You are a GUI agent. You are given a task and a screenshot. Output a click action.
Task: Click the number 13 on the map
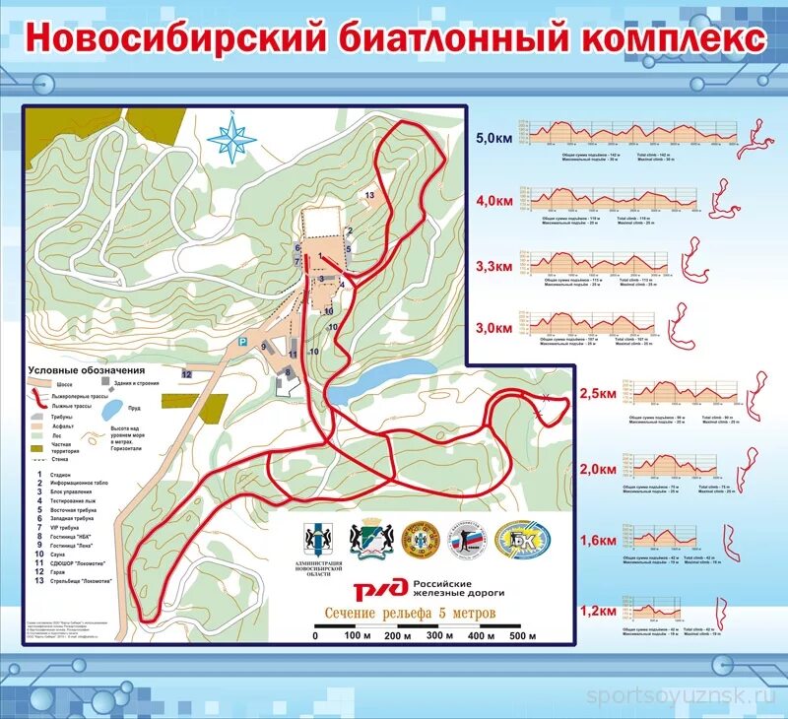point(370,196)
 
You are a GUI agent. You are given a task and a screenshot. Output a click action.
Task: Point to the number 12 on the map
point(185,374)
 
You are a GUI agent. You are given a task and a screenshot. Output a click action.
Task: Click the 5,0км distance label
point(493,138)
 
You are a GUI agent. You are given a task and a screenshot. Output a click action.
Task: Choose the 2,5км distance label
point(597,394)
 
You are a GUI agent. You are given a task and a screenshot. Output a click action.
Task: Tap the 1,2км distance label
point(597,611)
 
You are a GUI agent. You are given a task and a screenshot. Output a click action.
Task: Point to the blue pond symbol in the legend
point(112,407)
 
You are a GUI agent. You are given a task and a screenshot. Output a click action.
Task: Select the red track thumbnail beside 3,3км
point(694,260)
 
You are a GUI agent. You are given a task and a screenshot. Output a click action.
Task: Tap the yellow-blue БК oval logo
point(523,540)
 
